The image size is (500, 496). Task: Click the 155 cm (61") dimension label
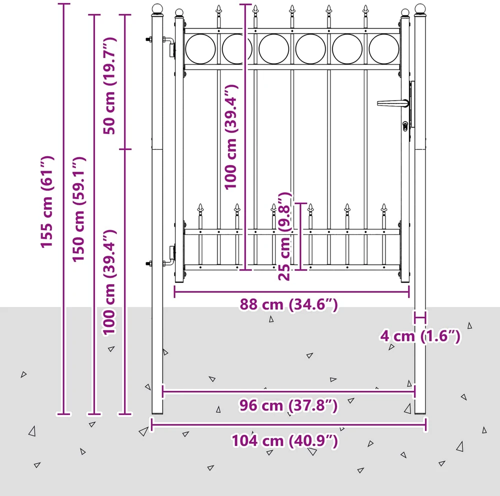pos(47,202)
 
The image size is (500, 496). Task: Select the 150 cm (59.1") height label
pos(79,209)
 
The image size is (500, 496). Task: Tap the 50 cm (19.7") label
pos(109,86)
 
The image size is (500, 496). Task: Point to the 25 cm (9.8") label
pos(285,236)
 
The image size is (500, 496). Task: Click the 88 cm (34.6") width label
pos(288,304)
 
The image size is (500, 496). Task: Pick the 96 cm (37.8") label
pos(288,405)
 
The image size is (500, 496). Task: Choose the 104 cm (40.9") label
pos(284,441)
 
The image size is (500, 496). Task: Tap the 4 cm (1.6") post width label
pos(420,336)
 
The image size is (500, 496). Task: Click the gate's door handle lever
pos(392,104)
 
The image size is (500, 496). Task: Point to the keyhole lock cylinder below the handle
pos(405,126)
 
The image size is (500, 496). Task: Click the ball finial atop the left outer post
pos(157,9)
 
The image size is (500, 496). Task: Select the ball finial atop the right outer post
pos(420,9)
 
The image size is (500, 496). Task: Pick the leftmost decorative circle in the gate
pos(200,49)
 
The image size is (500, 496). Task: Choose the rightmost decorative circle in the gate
pos(384,49)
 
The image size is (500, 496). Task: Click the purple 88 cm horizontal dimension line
pos(292,292)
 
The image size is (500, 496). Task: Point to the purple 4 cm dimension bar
pos(420,318)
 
